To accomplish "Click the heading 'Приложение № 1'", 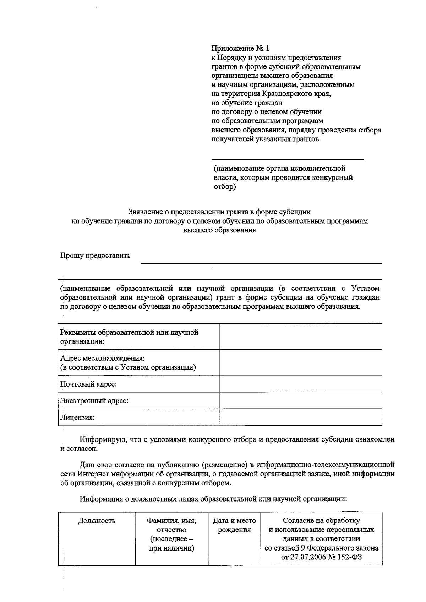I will click(x=240, y=48).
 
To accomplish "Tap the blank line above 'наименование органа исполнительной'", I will click(x=287, y=159).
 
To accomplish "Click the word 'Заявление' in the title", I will click(x=145, y=212).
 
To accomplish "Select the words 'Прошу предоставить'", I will click(x=95, y=256).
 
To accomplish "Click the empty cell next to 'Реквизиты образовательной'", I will click(x=301, y=336).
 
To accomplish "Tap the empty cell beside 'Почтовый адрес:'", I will click(x=301, y=384).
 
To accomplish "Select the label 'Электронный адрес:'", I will click(x=94, y=401).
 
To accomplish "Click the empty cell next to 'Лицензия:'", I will click(x=301, y=417).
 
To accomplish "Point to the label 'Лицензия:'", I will click(x=77, y=417).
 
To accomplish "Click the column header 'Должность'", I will click(x=97, y=521).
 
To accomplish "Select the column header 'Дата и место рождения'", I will click(x=234, y=525).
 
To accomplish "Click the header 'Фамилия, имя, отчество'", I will click(x=171, y=525).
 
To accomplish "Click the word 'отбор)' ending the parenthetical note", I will click(x=224, y=187).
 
